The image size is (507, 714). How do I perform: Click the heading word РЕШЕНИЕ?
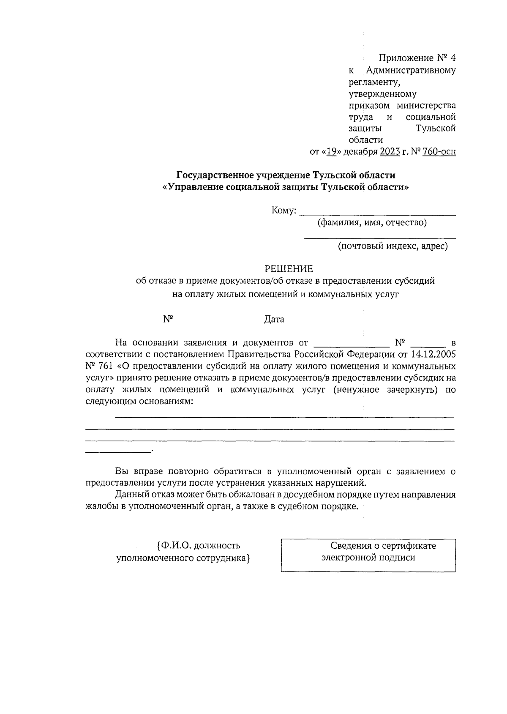click(289, 269)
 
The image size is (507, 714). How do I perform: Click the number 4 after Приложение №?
click(453, 58)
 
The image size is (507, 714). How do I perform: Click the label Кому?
click(284, 211)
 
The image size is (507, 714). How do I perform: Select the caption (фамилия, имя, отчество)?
click(372, 222)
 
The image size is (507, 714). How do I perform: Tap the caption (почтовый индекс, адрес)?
click(393, 246)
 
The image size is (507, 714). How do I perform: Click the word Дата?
click(274, 319)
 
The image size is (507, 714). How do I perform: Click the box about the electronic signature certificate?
click(368, 555)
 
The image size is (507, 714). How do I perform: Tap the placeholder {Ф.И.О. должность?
click(198, 546)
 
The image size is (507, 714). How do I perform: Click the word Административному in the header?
click(411, 70)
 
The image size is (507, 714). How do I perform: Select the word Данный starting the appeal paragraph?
click(131, 495)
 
